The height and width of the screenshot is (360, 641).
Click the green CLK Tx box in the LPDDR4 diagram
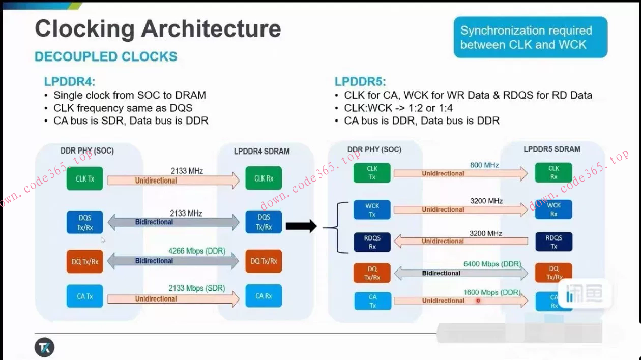tap(84, 178)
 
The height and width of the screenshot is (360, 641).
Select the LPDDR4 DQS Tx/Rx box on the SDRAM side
tap(263, 222)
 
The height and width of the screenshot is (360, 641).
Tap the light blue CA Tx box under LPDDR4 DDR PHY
tap(84, 296)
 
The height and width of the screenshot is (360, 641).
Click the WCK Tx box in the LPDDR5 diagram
tap(372, 210)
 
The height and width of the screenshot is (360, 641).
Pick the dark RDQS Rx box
tap(372, 242)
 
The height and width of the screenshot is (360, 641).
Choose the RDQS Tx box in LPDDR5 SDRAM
tap(553, 242)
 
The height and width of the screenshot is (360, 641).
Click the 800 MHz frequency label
tap(484, 165)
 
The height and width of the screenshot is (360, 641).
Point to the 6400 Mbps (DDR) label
tap(492, 264)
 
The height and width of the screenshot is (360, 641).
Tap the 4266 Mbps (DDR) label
tap(196, 251)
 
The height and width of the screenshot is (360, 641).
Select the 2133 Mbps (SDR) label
tap(196, 288)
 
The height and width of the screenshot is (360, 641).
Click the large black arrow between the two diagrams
tap(301, 226)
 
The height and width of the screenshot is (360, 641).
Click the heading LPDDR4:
tap(70, 82)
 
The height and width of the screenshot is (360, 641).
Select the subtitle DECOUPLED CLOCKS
tap(106, 56)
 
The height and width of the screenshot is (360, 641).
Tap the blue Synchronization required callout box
tap(530, 38)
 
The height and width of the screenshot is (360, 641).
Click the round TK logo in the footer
tap(44, 348)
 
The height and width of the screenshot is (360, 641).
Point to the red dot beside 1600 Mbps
tap(478, 301)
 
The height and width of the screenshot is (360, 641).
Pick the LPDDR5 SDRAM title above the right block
tap(552, 149)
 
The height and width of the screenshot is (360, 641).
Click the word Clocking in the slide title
tap(84, 28)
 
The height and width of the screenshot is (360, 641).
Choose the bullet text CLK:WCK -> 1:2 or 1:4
tap(398, 108)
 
